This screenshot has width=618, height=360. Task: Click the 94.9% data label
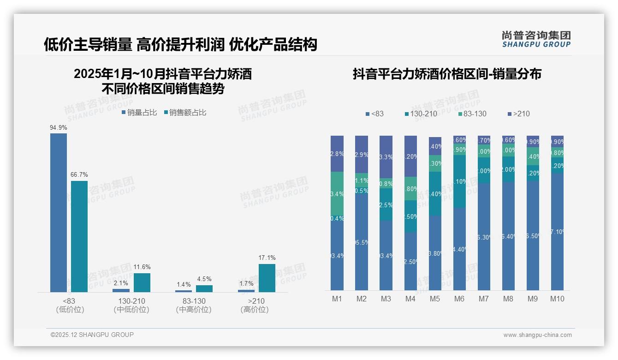pyautogui.click(x=59, y=127)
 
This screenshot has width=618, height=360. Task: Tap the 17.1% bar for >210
pyautogui.click(x=267, y=278)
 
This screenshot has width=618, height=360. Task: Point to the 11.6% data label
pyautogui.click(x=142, y=267)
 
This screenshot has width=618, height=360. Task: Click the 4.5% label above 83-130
pyautogui.click(x=204, y=279)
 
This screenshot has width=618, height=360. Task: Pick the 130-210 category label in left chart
pyautogui.click(x=131, y=301)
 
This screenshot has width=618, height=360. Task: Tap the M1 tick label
pyautogui.click(x=337, y=299)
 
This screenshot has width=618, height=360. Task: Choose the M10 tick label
pyautogui.click(x=557, y=299)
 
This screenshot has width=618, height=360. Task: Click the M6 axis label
pyautogui.click(x=459, y=299)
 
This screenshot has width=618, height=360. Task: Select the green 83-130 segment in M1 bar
pyautogui.click(x=337, y=193)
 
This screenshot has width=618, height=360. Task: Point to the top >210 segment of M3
pyautogui.click(x=386, y=156)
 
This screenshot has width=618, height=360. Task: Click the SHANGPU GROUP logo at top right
pyautogui.click(x=536, y=39)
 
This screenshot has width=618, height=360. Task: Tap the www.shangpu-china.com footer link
pyautogui.click(x=537, y=335)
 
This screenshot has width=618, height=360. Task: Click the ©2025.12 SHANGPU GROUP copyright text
pyautogui.click(x=92, y=335)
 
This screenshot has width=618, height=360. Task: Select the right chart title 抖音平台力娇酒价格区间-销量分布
pyautogui.click(x=447, y=74)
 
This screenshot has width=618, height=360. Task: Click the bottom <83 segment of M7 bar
pyautogui.click(x=484, y=237)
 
